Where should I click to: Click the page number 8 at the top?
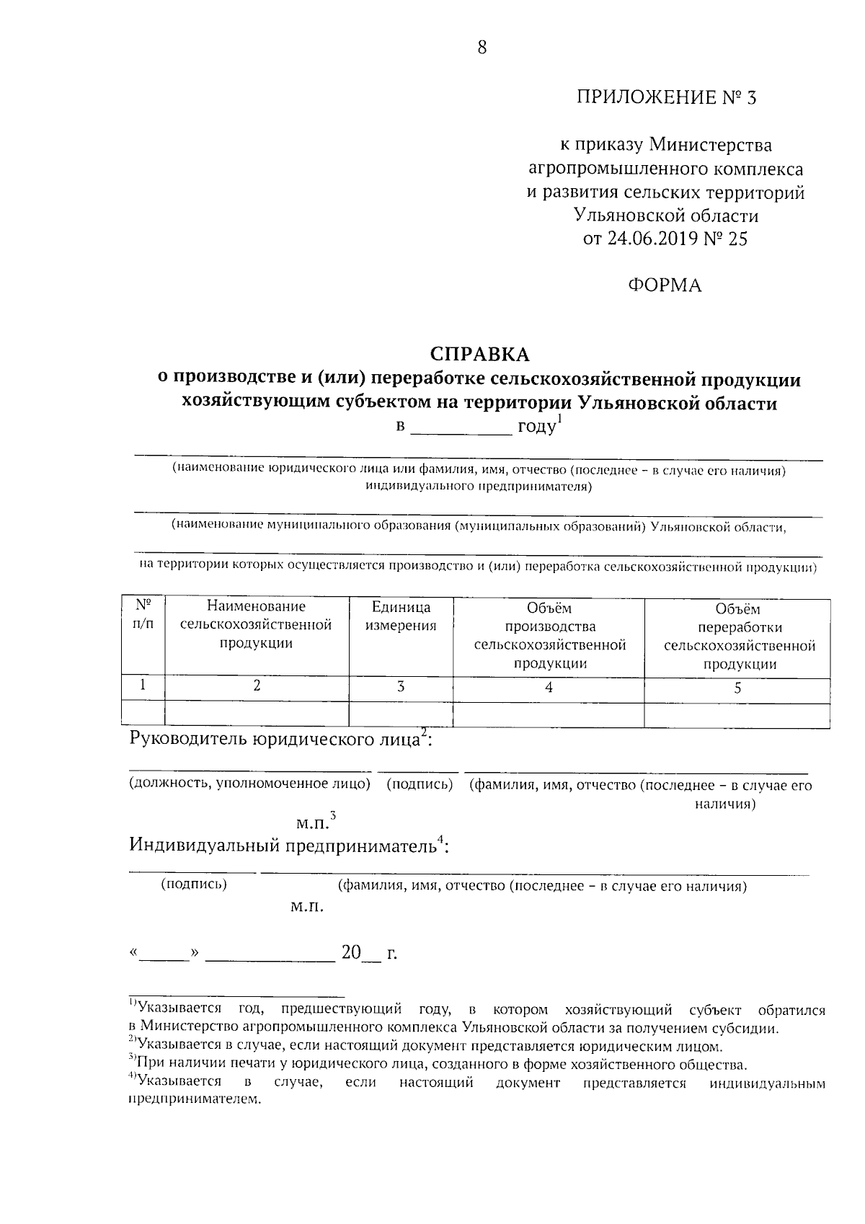click(x=482, y=48)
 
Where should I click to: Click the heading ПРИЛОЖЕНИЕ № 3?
click(x=666, y=98)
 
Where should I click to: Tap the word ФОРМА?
click(x=665, y=286)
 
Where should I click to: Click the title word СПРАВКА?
click(x=479, y=354)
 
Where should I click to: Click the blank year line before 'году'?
click(x=461, y=430)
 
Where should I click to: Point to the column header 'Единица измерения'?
click(x=401, y=617)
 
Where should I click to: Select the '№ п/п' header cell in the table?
click(x=143, y=615)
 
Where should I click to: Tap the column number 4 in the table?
click(x=549, y=688)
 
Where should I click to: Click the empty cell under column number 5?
click(x=737, y=714)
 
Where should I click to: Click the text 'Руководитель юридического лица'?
click(x=274, y=739)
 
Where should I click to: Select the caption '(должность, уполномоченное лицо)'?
click(x=249, y=784)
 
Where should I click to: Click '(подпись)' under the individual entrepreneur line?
click(x=193, y=884)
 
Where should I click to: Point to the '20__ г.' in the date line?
click(x=368, y=953)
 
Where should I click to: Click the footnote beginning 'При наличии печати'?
click(x=440, y=1063)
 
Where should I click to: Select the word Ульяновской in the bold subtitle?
click(x=639, y=403)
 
